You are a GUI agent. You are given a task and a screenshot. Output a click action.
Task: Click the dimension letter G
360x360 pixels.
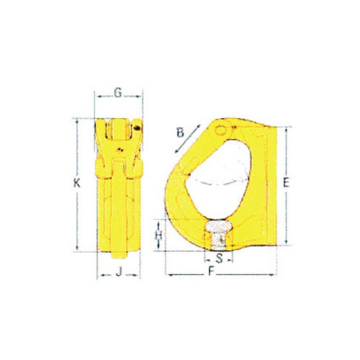click(x=118, y=93)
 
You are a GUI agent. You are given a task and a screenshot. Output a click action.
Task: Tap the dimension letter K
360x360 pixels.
click(x=77, y=184)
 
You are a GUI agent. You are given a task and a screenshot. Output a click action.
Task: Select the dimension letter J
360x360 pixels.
click(x=119, y=272)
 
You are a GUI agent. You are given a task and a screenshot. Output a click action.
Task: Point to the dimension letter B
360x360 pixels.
click(x=180, y=132)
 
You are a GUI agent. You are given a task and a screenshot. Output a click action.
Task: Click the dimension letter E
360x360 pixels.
click(x=286, y=183)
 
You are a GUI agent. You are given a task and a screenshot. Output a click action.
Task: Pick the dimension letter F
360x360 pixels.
click(x=211, y=271)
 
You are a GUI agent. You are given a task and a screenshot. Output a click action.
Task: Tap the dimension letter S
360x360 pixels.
click(x=219, y=258)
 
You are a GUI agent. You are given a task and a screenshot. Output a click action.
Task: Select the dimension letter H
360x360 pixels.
click(x=158, y=235)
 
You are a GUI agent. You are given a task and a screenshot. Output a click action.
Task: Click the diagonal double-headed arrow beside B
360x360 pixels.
click(x=187, y=138)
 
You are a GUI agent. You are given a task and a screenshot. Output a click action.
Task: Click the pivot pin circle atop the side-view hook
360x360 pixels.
click(x=220, y=130)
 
